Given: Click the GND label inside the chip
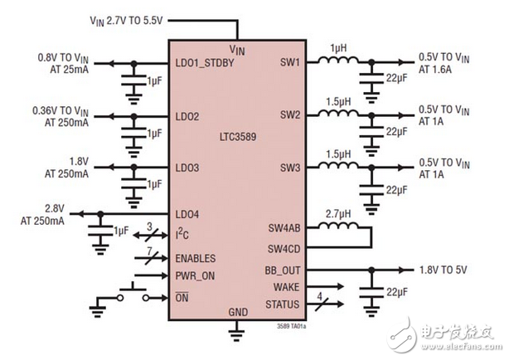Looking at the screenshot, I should click(237, 313).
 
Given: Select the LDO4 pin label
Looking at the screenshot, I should click(188, 215).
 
